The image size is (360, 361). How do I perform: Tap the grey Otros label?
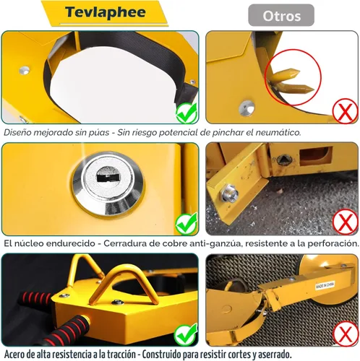click(281, 15)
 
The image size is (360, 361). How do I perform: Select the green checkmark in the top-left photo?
click(186, 113)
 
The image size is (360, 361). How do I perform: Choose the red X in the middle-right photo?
click(345, 222)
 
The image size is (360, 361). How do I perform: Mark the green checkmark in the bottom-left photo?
click(187, 333)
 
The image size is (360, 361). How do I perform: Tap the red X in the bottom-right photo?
click(345, 333)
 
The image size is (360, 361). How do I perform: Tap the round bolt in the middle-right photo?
click(231, 193)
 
